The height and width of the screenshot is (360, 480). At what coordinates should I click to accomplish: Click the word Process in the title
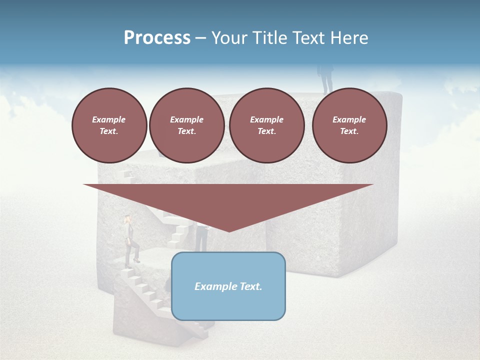(157, 38)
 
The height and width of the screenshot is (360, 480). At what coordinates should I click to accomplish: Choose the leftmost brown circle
(109, 125)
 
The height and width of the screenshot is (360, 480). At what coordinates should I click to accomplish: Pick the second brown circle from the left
(186, 125)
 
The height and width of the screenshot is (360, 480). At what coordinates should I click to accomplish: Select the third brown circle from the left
(266, 125)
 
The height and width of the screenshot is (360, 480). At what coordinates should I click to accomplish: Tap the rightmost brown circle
(349, 125)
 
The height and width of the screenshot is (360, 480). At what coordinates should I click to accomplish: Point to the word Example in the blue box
(214, 286)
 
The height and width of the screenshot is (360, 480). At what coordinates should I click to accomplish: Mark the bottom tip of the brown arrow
(228, 231)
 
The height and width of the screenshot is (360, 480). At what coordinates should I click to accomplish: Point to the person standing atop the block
(326, 78)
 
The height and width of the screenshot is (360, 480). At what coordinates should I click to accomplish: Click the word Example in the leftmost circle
(109, 119)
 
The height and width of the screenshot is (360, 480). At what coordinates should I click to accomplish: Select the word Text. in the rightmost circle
(349, 131)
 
